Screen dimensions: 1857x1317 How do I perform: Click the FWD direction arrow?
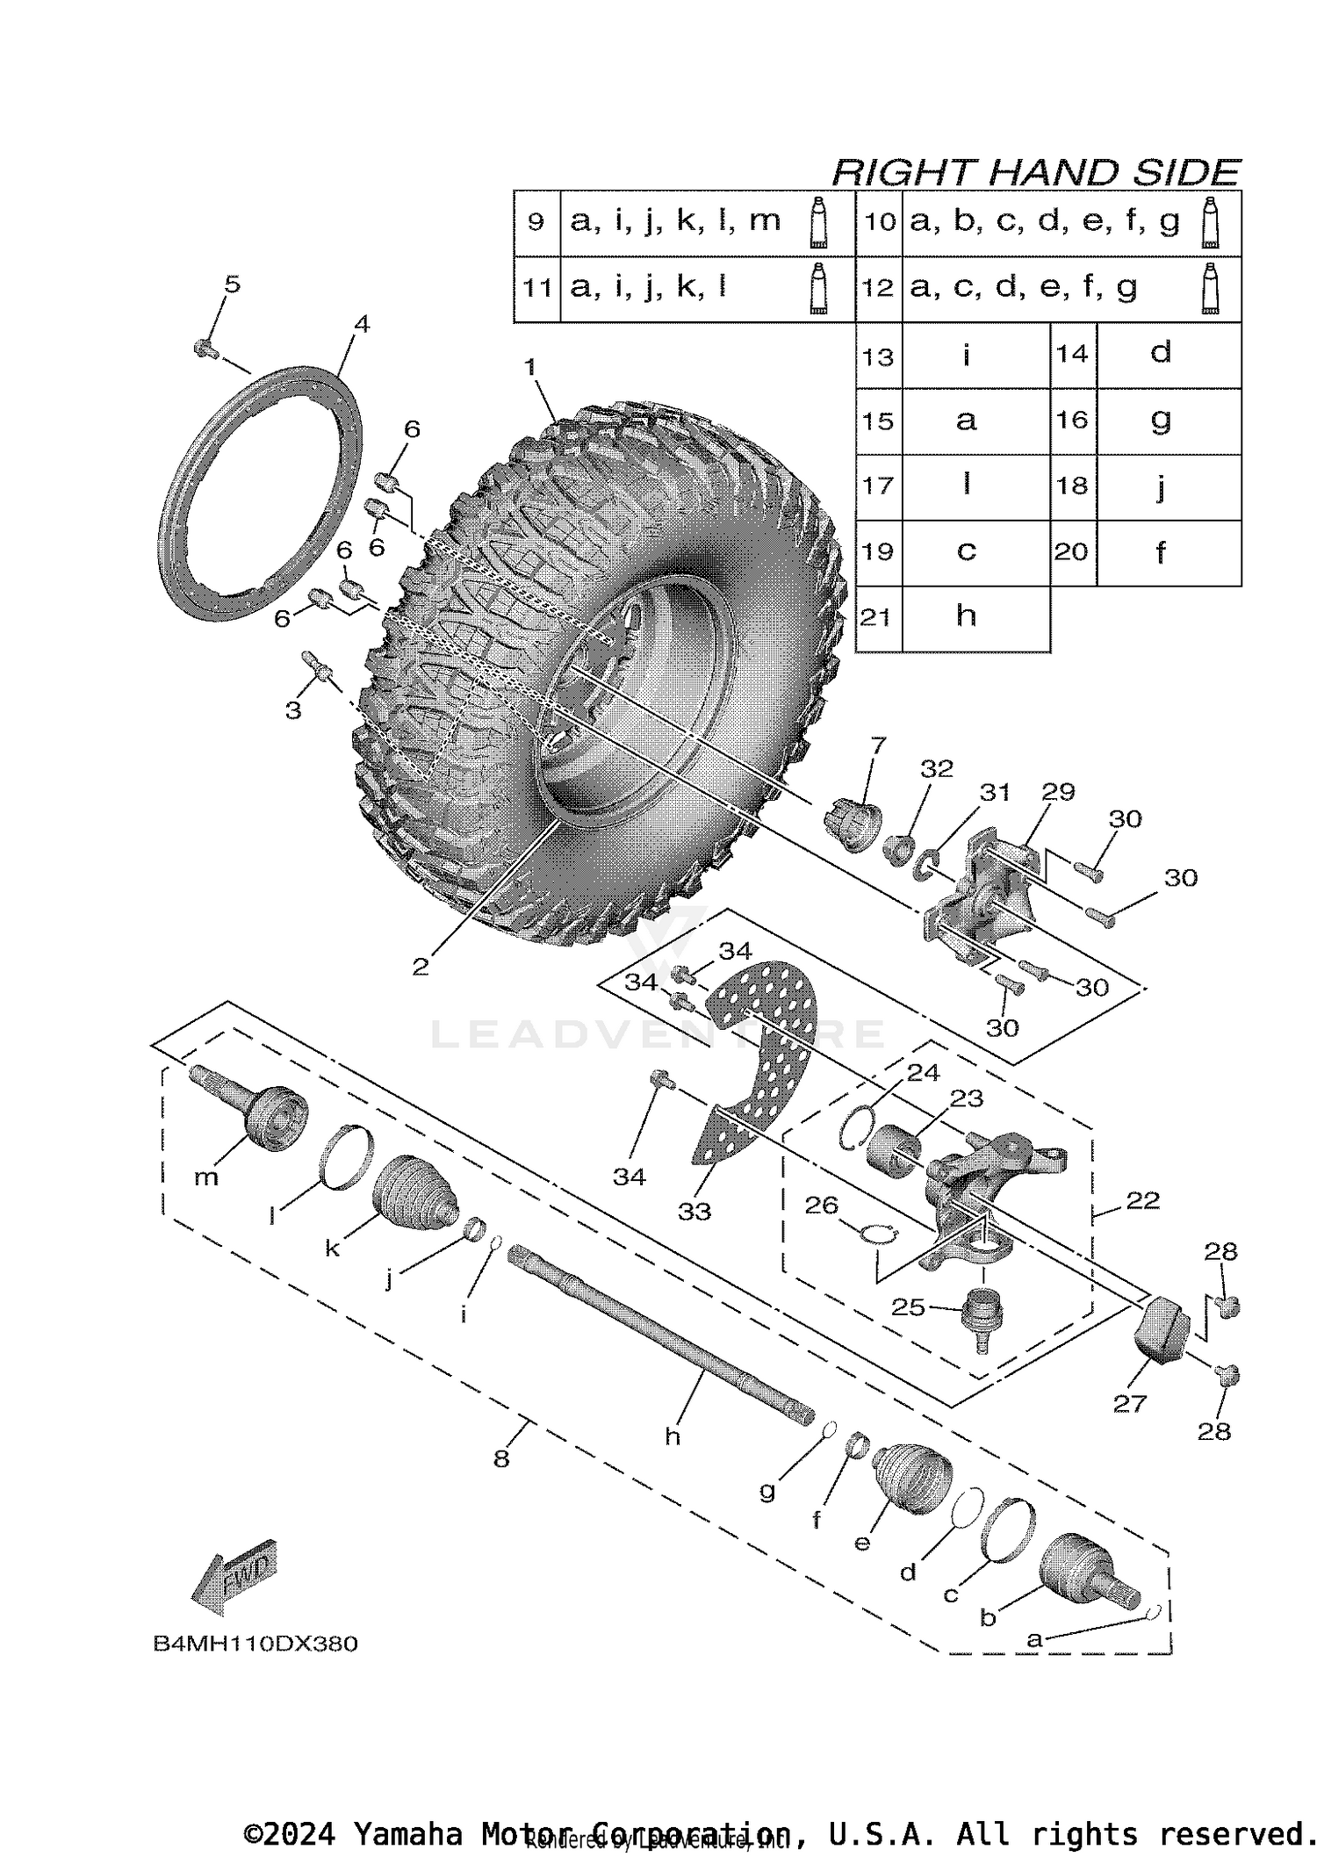[234, 1577]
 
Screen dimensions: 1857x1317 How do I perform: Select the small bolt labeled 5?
[205, 349]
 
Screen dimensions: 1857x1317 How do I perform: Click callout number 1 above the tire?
[529, 367]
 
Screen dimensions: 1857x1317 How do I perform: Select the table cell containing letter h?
[966, 618]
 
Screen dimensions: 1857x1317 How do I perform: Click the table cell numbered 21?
[877, 618]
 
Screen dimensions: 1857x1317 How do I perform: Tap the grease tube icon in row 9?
[818, 221]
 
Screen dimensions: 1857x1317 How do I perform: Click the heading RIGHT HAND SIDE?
[1035, 172]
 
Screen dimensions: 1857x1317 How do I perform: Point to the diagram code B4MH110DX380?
[255, 1644]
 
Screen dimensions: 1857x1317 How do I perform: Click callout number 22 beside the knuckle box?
[1142, 1200]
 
